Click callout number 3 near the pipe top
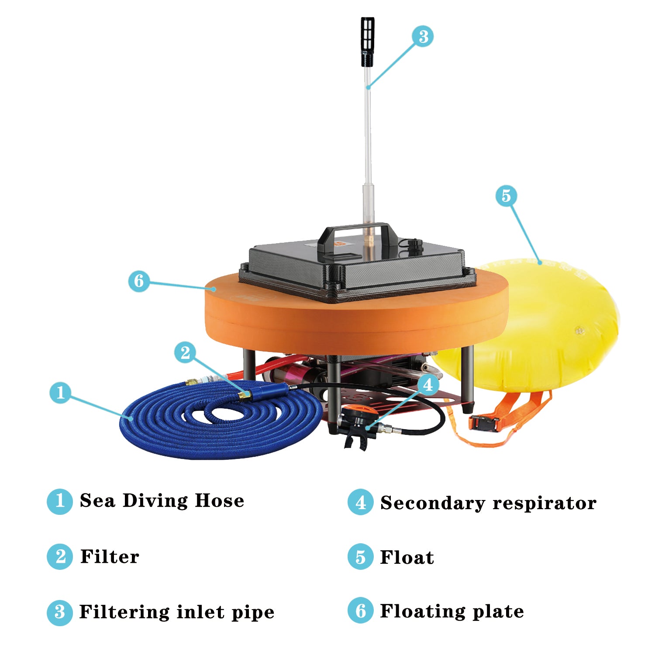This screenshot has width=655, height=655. point(423,36)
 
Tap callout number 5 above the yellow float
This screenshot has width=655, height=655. point(506,196)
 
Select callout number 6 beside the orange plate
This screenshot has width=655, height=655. point(139,281)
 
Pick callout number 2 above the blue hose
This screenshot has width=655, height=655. point(185,352)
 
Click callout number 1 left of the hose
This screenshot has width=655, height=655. point(61,393)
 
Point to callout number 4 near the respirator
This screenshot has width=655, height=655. point(428,385)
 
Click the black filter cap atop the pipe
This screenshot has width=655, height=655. point(368,41)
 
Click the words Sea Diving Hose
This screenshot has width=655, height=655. point(162,501)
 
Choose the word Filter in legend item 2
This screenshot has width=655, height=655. point(110,557)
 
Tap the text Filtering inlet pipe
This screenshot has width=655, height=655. point(176,612)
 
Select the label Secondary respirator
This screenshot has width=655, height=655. point(488,503)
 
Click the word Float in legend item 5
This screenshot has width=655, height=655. point(407,558)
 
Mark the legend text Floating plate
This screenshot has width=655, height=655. point(452,611)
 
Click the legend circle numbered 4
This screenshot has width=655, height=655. point(360,502)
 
